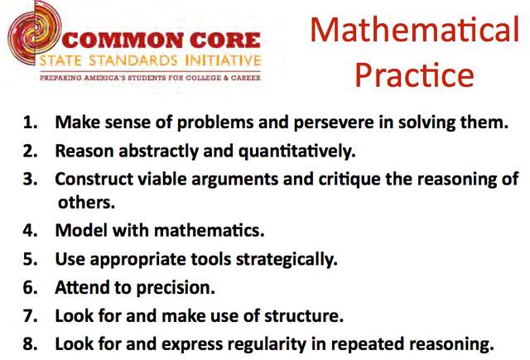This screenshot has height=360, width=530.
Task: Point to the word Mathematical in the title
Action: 414,30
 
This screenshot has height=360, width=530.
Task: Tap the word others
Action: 86,201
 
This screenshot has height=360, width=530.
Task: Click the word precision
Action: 176,287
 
